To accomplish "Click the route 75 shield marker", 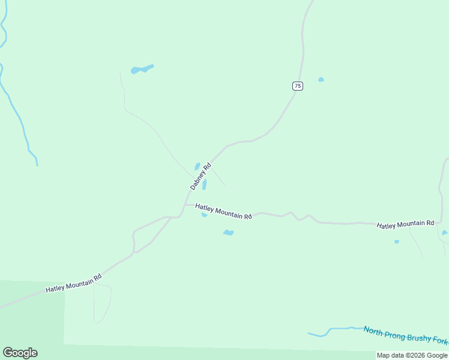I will tap(298, 86).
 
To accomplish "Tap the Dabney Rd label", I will tap(201, 176).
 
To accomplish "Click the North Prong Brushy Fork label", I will tap(405, 335).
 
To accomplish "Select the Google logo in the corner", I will tap(20, 353).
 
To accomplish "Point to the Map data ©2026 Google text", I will tap(412, 355).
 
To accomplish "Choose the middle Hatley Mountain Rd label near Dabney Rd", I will tap(223, 211).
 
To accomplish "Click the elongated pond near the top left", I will tap(142, 70).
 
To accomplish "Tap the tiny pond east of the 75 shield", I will tap(321, 79).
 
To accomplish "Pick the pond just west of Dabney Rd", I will tap(197, 166).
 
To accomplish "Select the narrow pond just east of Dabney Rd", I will tap(205, 184).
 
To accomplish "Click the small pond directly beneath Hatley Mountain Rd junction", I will tap(204, 214).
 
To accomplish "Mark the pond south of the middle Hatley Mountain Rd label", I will tap(228, 233).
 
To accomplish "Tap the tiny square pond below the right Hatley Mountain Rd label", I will tap(396, 242).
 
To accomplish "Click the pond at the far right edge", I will tap(444, 233).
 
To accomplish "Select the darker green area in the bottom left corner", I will tap(30, 318).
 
